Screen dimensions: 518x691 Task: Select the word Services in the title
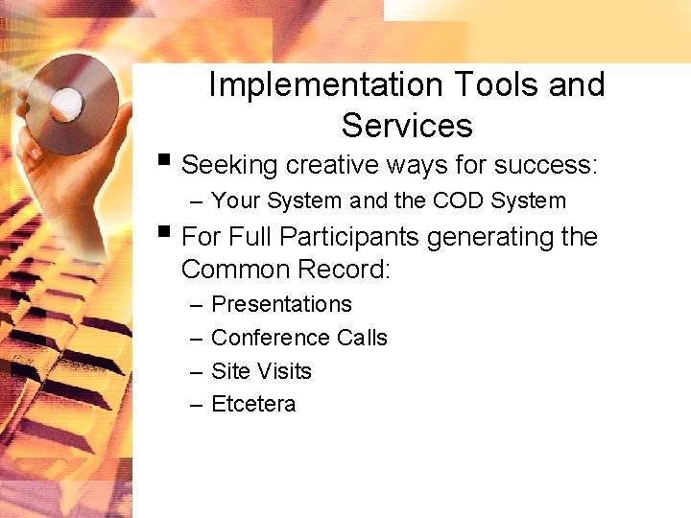407,126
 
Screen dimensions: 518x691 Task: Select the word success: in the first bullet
546,165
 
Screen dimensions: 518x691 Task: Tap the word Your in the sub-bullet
235,201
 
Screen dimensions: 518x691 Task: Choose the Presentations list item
281,304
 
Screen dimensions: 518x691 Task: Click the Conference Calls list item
298,338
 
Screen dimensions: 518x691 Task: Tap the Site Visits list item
261,371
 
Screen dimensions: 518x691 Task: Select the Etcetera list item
253,405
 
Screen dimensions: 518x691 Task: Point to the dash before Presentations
196,305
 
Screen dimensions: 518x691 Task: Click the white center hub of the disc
68,100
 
